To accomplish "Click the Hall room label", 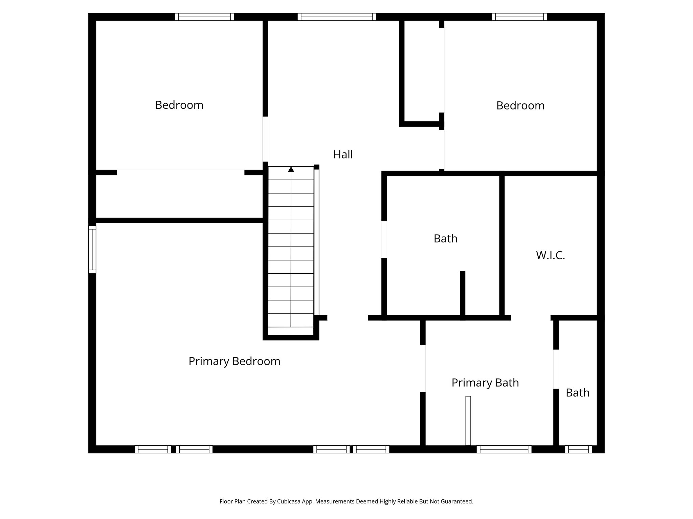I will [343, 154].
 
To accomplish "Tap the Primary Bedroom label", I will [234, 361].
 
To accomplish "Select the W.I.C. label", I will [550, 255].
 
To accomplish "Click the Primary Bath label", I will [485, 382].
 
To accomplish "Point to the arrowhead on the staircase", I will [291, 169].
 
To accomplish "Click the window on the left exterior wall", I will [92, 249].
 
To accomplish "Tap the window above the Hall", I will [337, 17].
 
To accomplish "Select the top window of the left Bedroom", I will [204, 17].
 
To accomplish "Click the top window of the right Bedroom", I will [519, 17].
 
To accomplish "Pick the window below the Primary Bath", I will [504, 449].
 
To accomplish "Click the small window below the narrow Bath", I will [578, 449].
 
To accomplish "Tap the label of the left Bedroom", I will [179, 105].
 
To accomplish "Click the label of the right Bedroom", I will [520, 105].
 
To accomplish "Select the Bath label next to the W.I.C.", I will [445, 239].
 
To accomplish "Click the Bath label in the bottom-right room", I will [577, 393].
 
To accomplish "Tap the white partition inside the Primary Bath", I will [468, 420].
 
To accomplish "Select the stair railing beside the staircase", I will [316, 242].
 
